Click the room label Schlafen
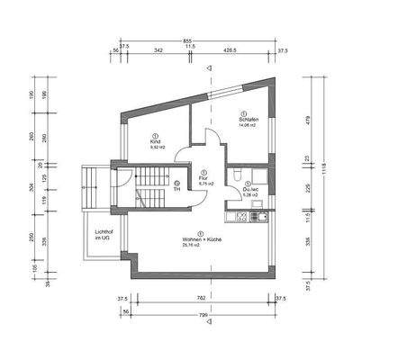pyautogui.click(x=249, y=120)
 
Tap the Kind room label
pyautogui.click(x=155, y=142)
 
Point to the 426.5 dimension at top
pyautogui.click(x=231, y=52)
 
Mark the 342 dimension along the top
pyautogui.click(x=158, y=52)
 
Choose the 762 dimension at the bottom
pyautogui.click(x=202, y=297)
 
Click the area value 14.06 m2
pyautogui.click(x=249, y=126)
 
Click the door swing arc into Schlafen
pyautogui.click(x=213, y=139)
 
